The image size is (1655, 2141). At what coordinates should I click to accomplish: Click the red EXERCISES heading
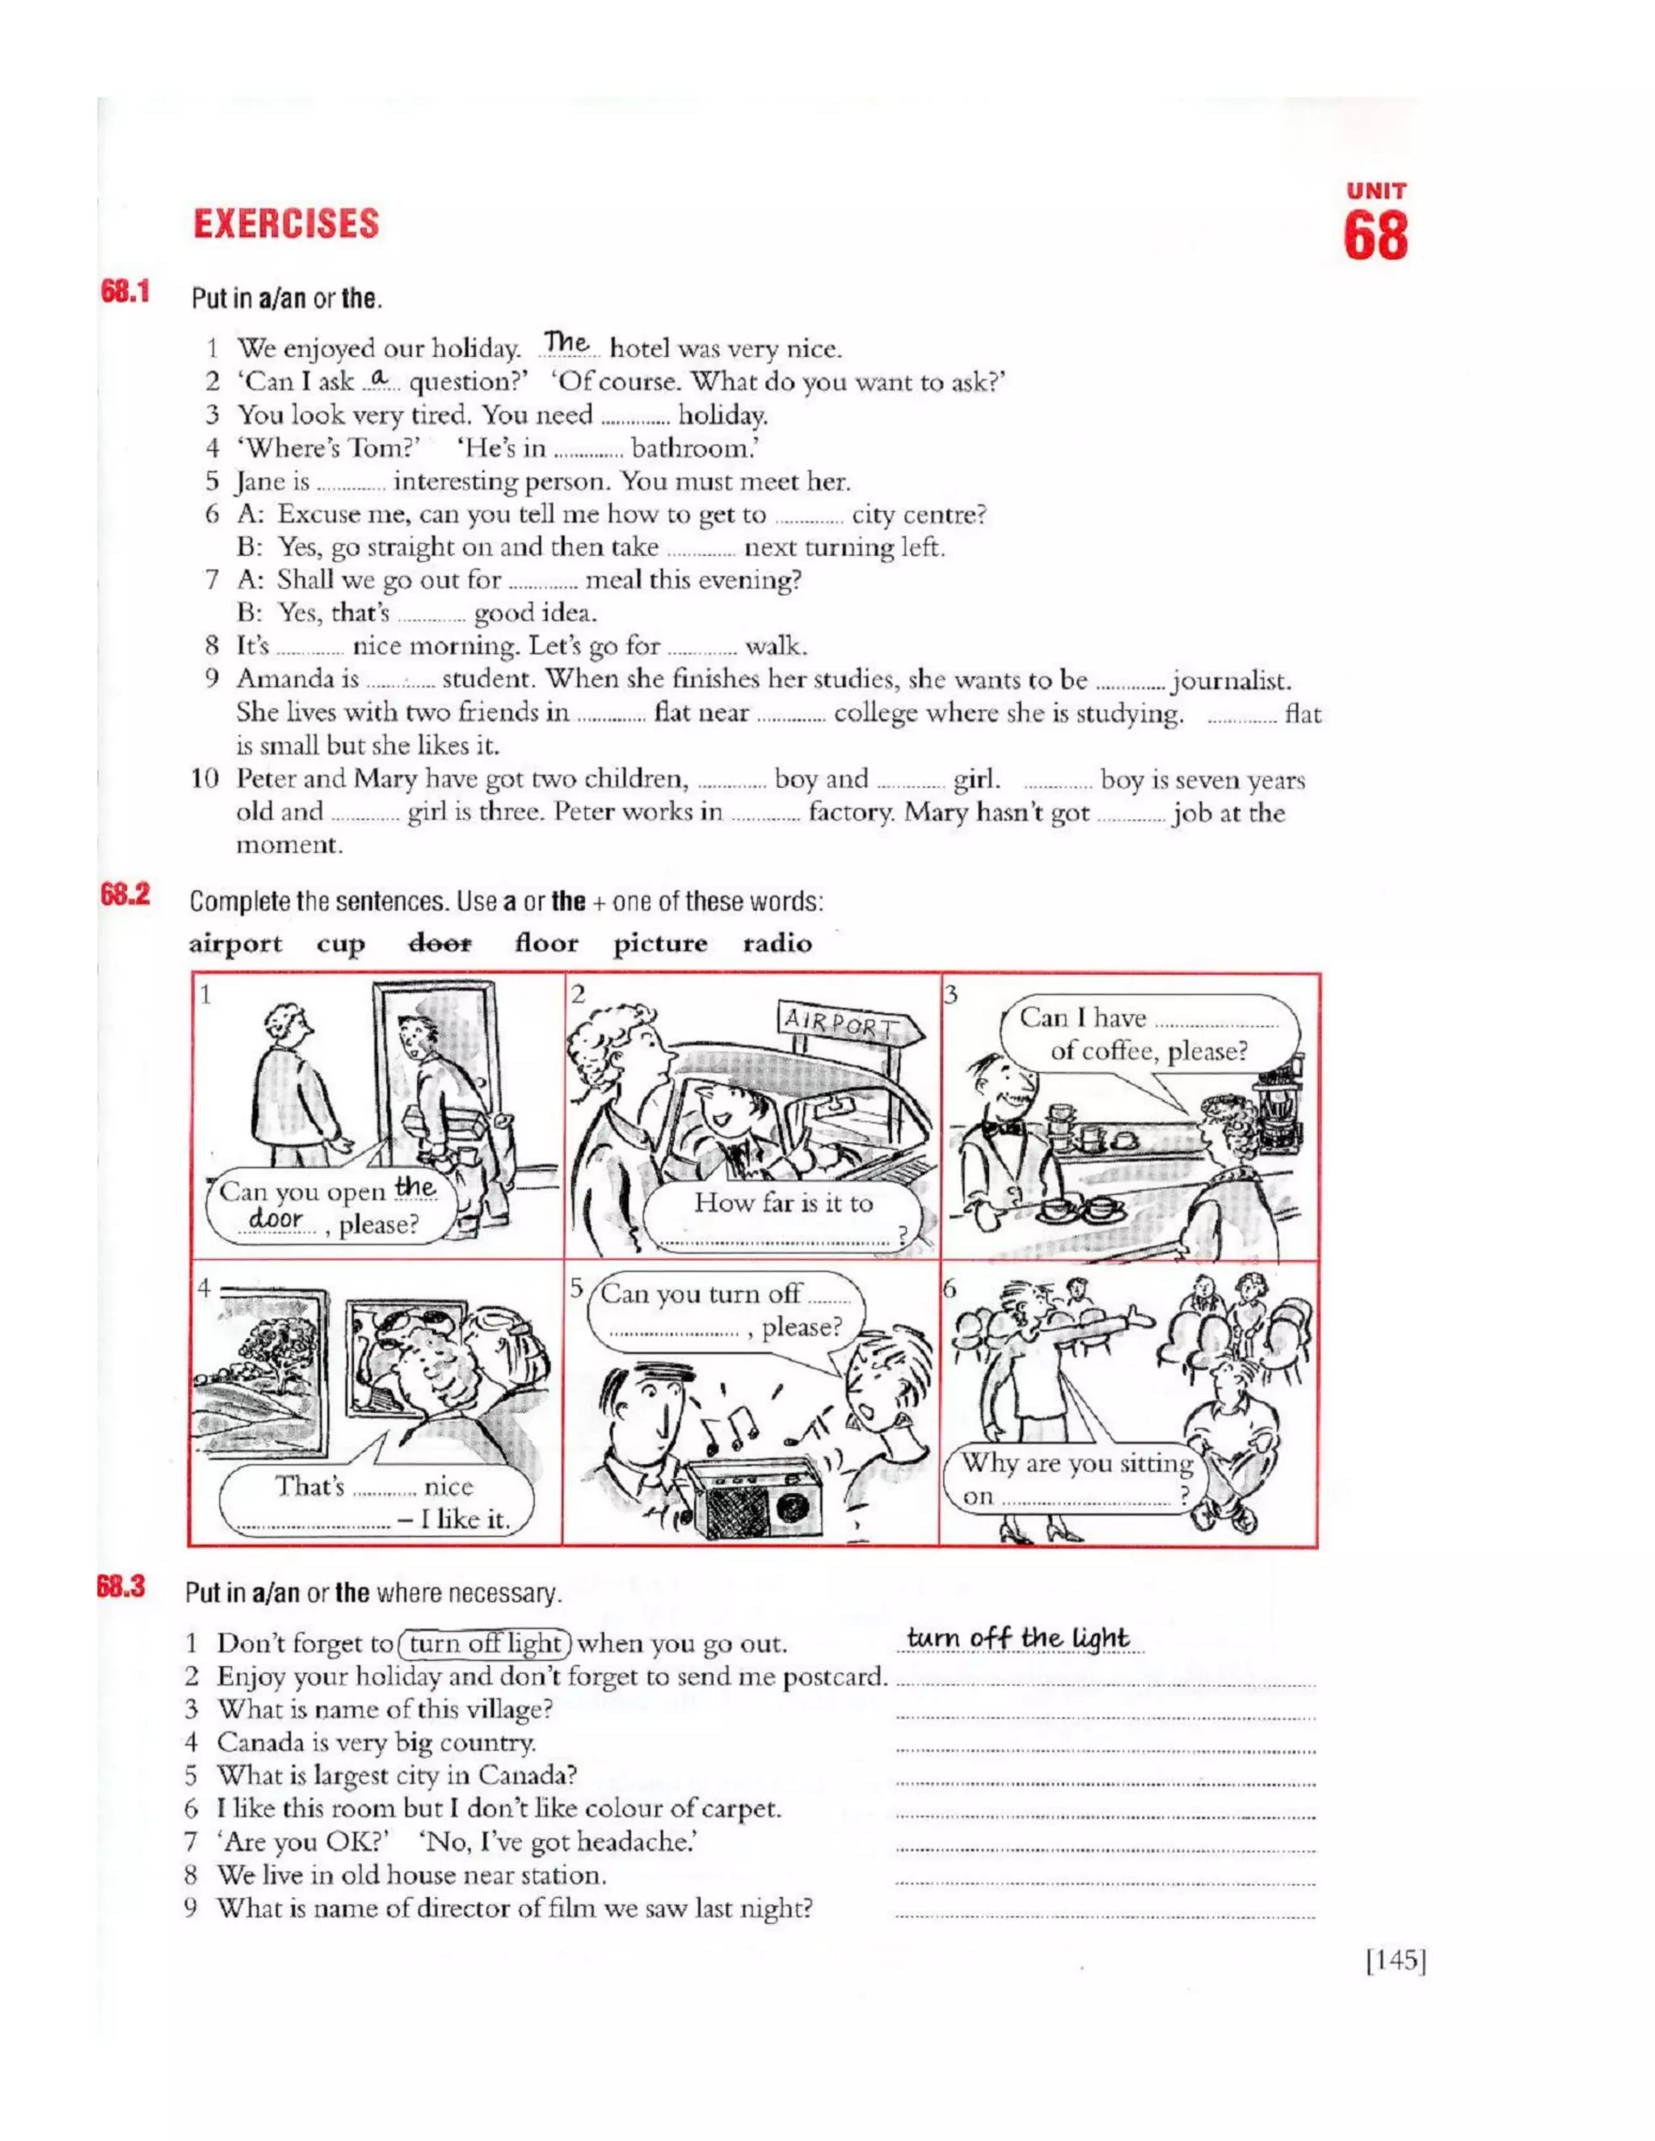tap(285, 224)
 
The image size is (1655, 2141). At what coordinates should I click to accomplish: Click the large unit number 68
tap(1375, 238)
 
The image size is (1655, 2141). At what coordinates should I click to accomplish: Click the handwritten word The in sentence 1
tap(566, 343)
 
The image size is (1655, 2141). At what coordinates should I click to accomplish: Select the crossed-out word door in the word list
tap(440, 943)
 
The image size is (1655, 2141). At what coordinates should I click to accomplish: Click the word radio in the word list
tap(777, 943)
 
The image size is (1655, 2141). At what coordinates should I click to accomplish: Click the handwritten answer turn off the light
tap(1017, 1638)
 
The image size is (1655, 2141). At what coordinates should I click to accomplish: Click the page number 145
tap(1395, 1960)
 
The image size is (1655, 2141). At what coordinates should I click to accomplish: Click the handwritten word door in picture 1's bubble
tap(275, 1218)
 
